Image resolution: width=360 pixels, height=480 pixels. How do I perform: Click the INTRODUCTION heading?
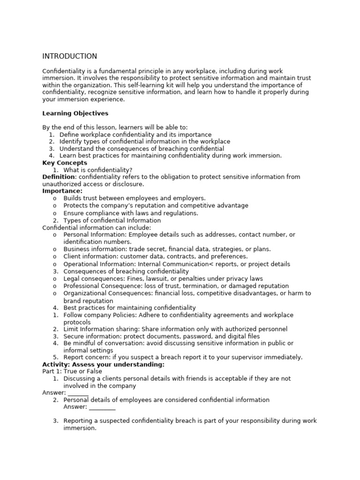[x=70, y=56]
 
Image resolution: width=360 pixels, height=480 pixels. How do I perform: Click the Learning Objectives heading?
[x=75, y=113]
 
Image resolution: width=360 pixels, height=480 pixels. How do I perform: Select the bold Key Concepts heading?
[x=65, y=163]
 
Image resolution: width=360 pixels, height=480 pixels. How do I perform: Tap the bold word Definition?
[x=59, y=177]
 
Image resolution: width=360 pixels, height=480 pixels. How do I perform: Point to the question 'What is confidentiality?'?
[x=98, y=170]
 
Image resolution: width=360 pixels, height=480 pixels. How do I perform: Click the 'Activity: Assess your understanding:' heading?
[x=103, y=364]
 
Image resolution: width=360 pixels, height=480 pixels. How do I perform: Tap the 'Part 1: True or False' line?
[x=72, y=371]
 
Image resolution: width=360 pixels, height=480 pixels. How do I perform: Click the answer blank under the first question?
[x=78, y=393]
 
